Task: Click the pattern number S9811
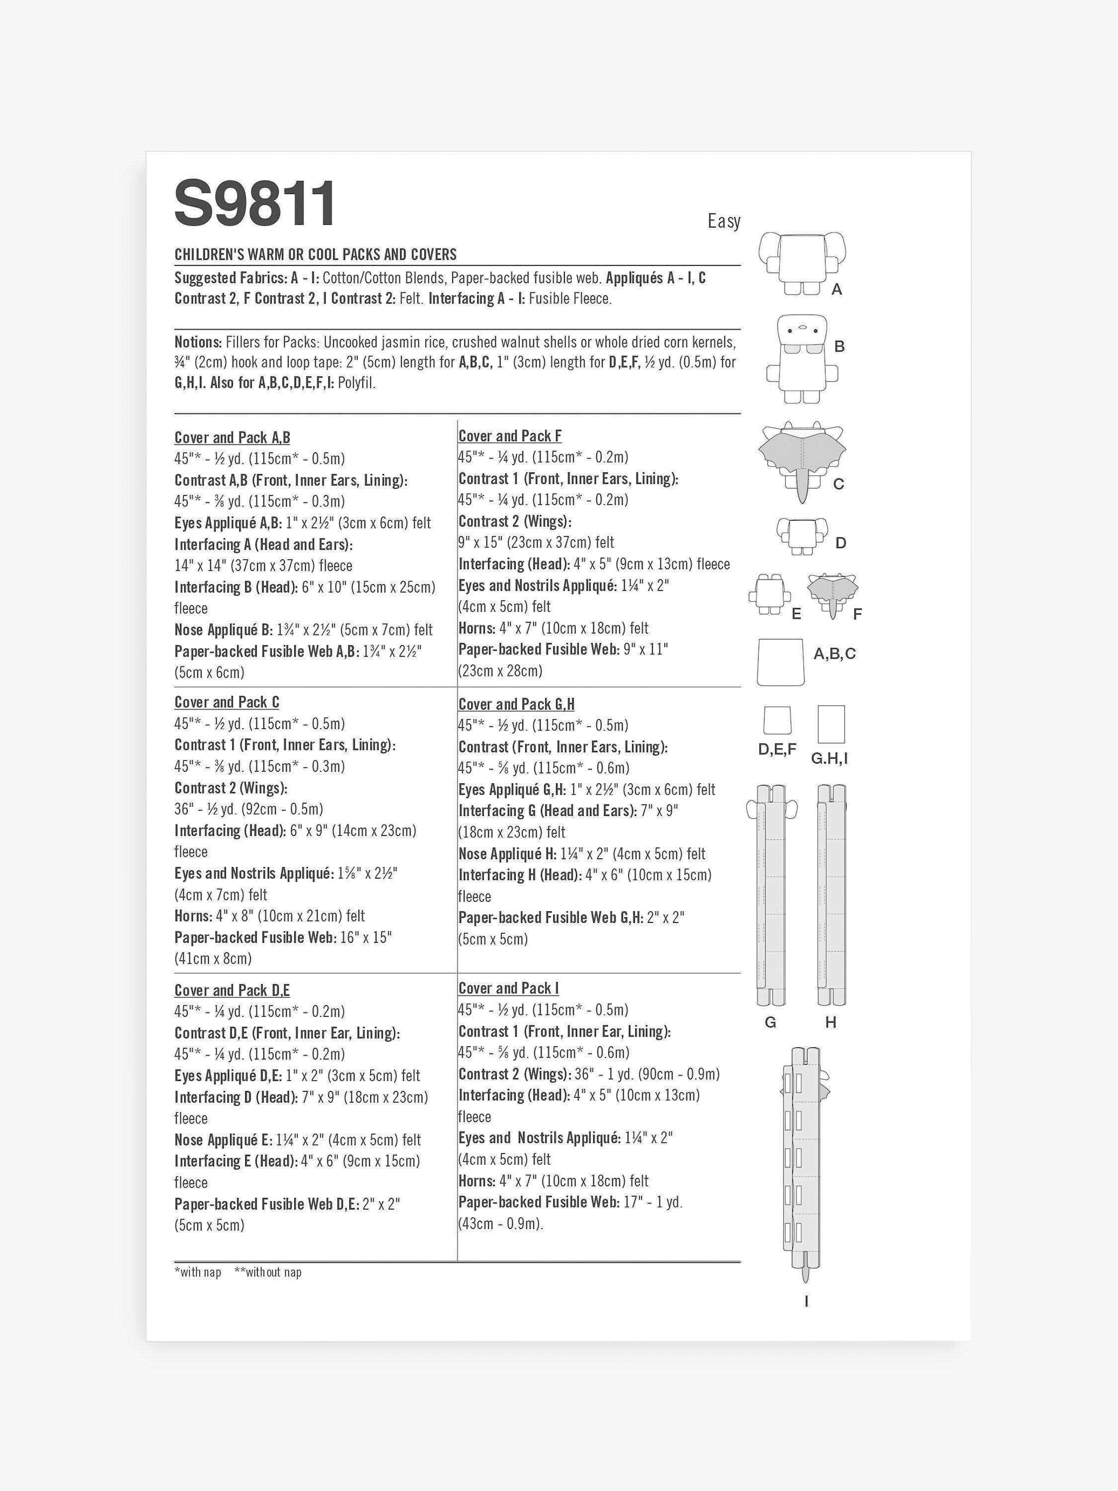pos(255,204)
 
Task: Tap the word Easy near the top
pos(724,221)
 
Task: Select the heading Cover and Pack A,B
pos(233,438)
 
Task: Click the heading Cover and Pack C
pos(227,702)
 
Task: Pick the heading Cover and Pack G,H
pos(517,704)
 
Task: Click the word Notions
pos(198,342)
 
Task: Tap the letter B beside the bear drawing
pos(840,346)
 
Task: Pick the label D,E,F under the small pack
pos(777,749)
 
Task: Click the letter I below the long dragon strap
pos(806,1301)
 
